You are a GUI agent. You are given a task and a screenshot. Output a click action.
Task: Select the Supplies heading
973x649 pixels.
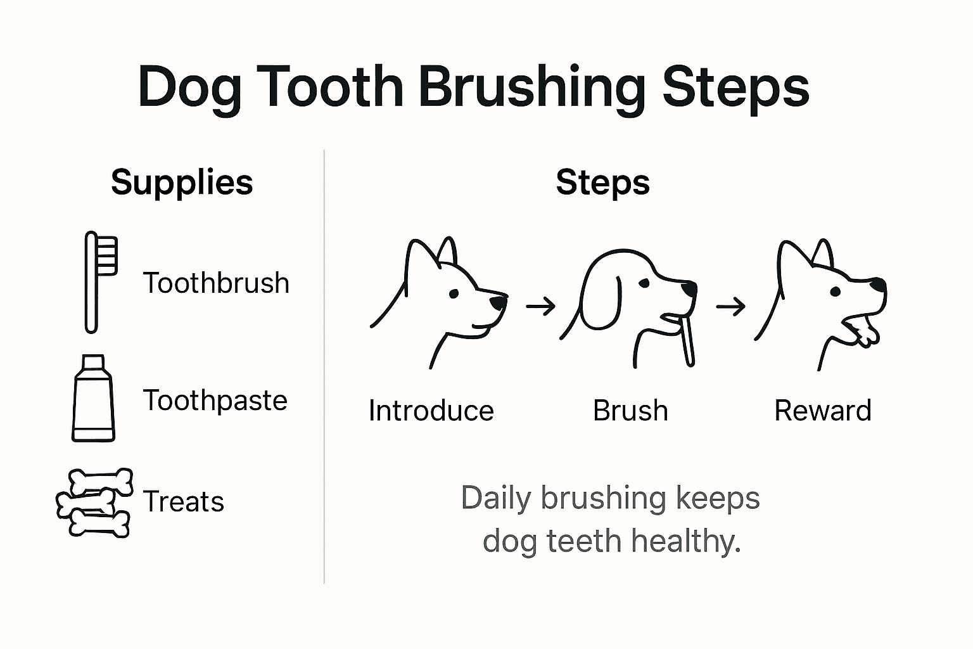point(182,183)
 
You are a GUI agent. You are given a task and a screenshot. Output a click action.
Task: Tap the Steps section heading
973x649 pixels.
point(602,183)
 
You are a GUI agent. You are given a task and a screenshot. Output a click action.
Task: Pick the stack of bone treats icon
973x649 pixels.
point(95,503)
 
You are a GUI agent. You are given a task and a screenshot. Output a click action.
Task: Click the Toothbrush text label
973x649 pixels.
point(216,283)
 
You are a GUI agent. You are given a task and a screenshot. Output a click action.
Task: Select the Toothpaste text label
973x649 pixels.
point(215,401)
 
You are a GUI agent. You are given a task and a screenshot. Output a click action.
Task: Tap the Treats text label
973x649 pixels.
point(184,501)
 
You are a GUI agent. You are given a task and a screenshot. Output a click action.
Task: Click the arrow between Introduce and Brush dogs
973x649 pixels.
point(540,307)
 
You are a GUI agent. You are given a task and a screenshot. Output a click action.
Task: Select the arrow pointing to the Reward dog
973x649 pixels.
point(730,307)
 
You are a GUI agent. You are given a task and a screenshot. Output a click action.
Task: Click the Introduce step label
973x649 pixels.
point(431,411)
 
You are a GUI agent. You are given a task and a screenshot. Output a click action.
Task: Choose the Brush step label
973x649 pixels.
point(630,411)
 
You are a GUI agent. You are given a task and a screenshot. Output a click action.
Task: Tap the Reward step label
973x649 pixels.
point(822,411)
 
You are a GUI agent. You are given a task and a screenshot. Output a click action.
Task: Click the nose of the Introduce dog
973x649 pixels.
point(499,302)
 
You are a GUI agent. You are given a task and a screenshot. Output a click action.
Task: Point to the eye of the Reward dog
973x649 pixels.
point(835,292)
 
